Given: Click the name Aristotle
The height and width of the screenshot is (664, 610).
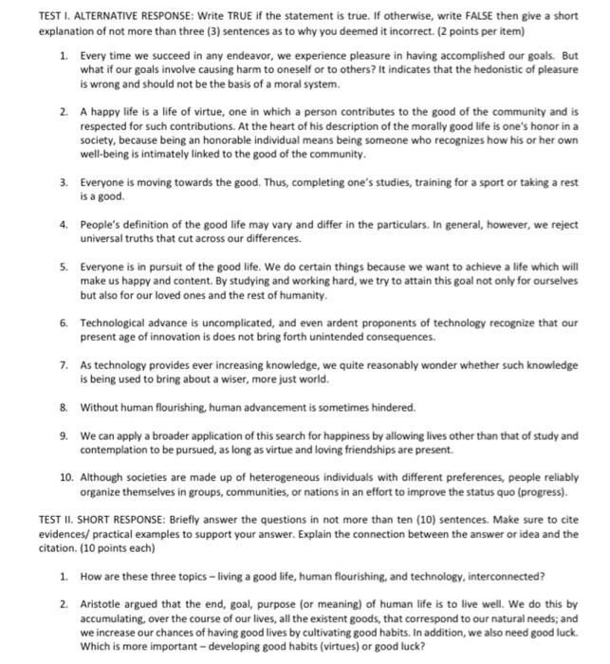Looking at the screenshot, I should (x=104, y=603).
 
